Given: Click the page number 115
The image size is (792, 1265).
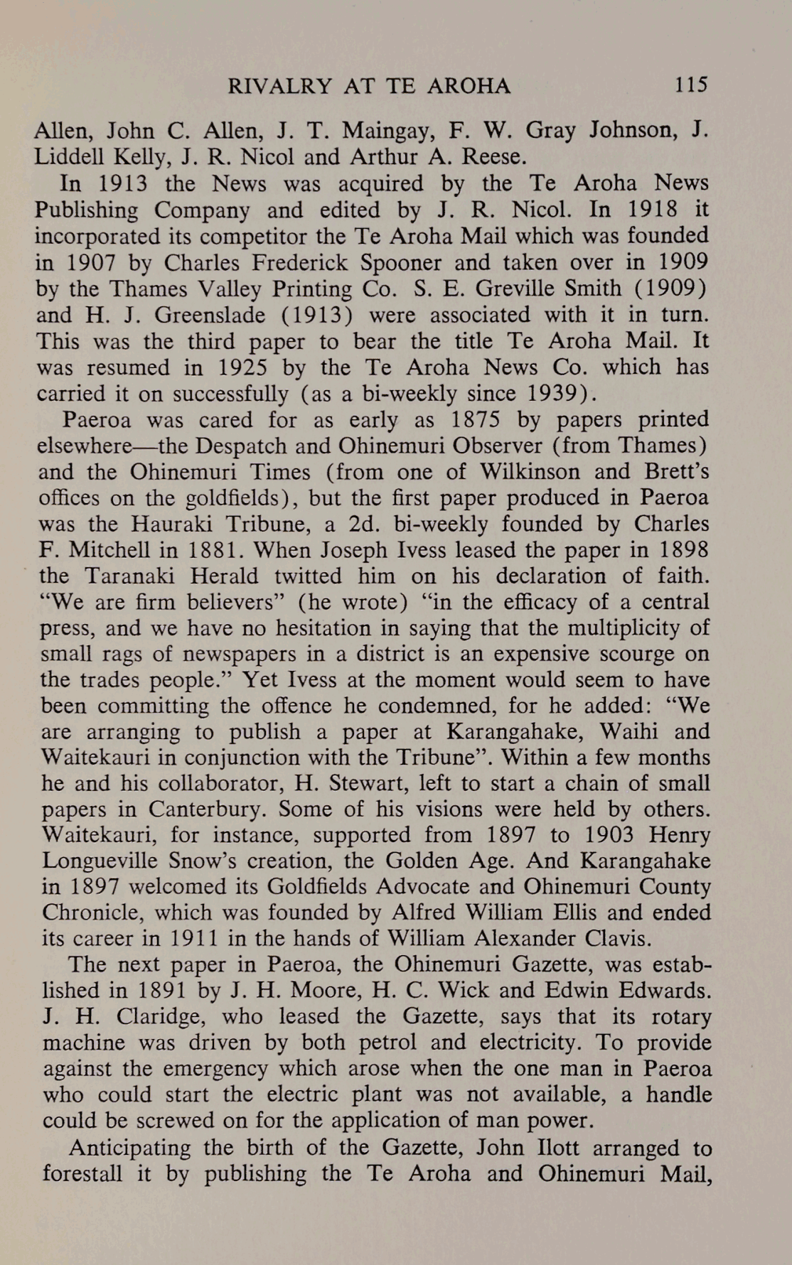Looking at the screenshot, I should [691, 85].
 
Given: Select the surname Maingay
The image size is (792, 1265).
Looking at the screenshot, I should [383, 131].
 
